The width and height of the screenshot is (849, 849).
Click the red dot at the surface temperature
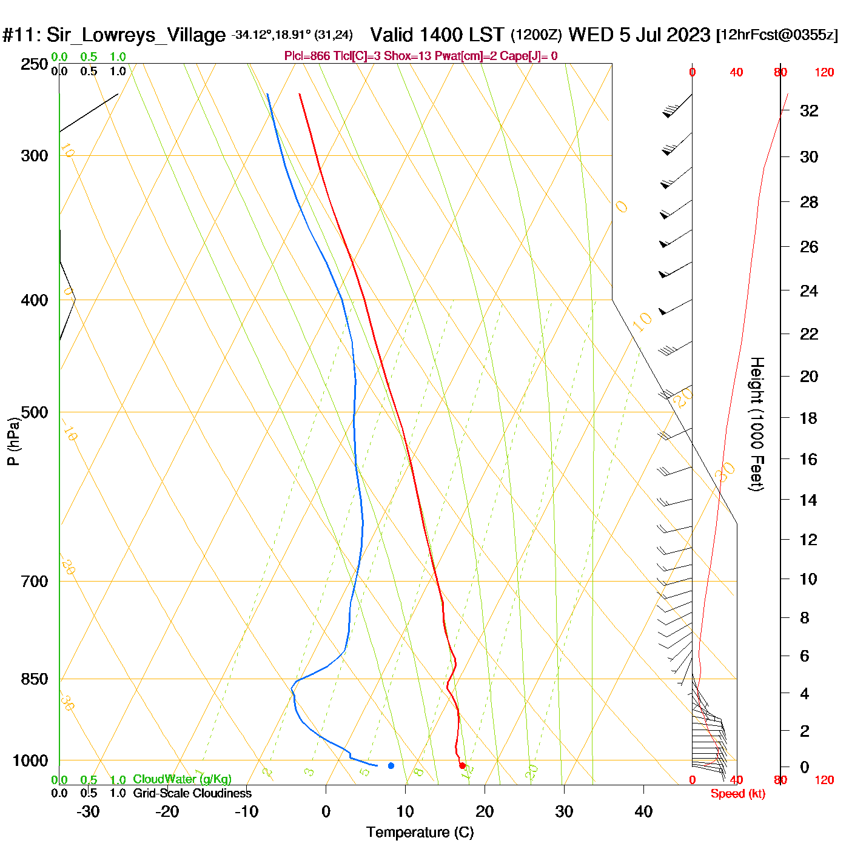pyautogui.click(x=462, y=765)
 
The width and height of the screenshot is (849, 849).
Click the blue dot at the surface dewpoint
pyautogui.click(x=391, y=765)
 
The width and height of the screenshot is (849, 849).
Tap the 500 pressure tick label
pyautogui.click(x=35, y=412)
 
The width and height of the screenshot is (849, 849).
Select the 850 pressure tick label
pyautogui.click(x=35, y=679)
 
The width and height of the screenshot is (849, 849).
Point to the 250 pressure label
pyautogui.click(x=35, y=64)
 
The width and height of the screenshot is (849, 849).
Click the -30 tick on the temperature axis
pyautogui.click(x=88, y=811)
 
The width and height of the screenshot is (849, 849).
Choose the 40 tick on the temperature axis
pyautogui.click(x=643, y=811)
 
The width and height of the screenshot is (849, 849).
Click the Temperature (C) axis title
pyautogui.click(x=420, y=832)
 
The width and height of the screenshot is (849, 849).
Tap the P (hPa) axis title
pyautogui.click(x=13, y=441)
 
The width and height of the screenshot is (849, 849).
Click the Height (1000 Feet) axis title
pyautogui.click(x=757, y=424)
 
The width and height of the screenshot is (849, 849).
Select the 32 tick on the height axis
pyautogui.click(x=809, y=111)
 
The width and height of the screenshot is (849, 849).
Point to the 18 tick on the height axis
pyautogui.click(x=809, y=418)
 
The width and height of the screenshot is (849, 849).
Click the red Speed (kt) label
pyautogui.click(x=738, y=794)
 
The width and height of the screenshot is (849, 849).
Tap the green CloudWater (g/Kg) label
pyautogui.click(x=182, y=779)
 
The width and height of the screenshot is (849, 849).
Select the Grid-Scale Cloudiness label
pyautogui.click(x=192, y=793)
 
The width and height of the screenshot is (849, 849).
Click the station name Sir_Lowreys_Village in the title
pyautogui.click(x=136, y=35)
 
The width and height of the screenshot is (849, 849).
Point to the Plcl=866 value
pyautogui.click(x=307, y=56)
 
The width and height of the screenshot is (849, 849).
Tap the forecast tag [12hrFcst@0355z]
pyautogui.click(x=777, y=35)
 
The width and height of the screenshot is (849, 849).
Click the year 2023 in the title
pyautogui.click(x=688, y=35)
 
